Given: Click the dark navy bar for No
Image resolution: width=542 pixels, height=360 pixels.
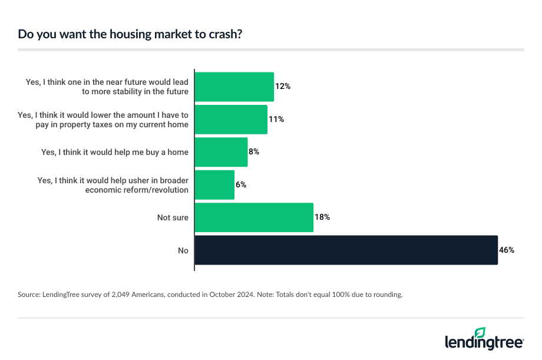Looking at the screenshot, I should click(x=346, y=250).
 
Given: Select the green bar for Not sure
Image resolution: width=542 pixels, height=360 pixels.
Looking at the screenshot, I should click(x=253, y=217).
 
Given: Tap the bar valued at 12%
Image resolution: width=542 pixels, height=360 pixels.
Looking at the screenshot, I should click(x=234, y=87).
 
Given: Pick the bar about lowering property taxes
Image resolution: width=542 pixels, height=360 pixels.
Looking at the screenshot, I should click(x=231, y=120).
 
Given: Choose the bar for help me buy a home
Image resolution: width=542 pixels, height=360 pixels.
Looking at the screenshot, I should click(x=221, y=152).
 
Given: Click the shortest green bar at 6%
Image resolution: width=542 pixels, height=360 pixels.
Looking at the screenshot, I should click(x=214, y=185).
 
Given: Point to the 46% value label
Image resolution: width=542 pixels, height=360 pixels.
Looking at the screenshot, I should click(x=507, y=250).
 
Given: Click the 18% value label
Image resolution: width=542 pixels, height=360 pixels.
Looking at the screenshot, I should click(x=322, y=217).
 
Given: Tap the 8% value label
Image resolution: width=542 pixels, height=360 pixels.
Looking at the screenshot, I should click(x=254, y=152).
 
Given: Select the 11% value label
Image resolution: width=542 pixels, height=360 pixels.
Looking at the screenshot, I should click(x=276, y=120).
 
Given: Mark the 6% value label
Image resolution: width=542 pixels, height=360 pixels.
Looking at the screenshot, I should click(x=240, y=185).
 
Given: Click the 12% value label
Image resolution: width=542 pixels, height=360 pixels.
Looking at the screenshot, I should click(x=283, y=87).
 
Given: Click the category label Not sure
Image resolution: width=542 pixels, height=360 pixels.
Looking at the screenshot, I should click(x=173, y=217).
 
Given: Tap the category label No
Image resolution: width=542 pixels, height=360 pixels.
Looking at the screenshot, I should click(x=183, y=250).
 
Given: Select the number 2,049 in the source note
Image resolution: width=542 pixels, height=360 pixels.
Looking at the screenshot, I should click(x=120, y=294).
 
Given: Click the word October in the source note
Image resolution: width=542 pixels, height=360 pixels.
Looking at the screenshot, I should click(x=223, y=294).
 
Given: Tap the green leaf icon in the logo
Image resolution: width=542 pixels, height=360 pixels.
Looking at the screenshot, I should click(x=480, y=333).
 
